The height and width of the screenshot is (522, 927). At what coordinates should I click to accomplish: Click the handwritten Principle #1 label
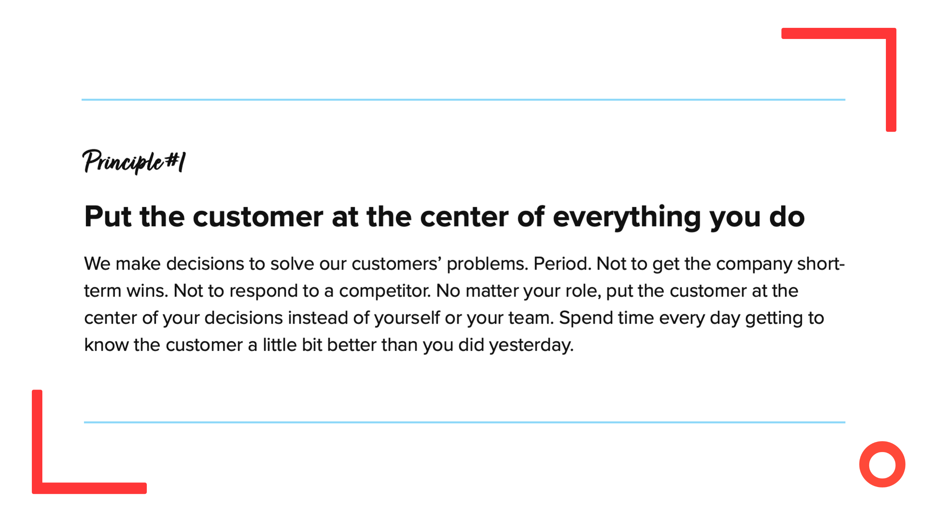coord(134,162)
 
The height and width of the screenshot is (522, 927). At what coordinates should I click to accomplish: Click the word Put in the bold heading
coord(108,217)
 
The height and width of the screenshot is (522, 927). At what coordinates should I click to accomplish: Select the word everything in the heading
coord(627,218)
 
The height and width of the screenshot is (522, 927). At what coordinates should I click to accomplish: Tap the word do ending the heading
coord(787,216)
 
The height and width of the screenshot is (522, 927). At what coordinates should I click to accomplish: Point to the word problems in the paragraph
coord(487,265)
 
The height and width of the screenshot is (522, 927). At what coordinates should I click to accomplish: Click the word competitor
coord(384,291)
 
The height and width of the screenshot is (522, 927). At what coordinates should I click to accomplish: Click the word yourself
coord(407,318)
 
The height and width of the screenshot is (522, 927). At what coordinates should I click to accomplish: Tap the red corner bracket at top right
coord(891,79)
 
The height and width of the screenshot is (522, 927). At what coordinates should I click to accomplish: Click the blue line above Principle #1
coord(464,100)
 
